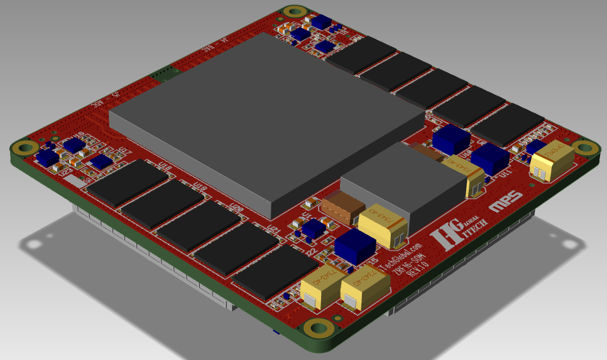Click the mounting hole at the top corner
pyautogui.click(x=293, y=12)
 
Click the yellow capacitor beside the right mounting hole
pyautogui.click(x=552, y=161)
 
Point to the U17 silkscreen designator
pyautogui.click(x=126, y=151)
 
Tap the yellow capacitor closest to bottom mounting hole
pyautogui.click(x=321, y=289)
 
